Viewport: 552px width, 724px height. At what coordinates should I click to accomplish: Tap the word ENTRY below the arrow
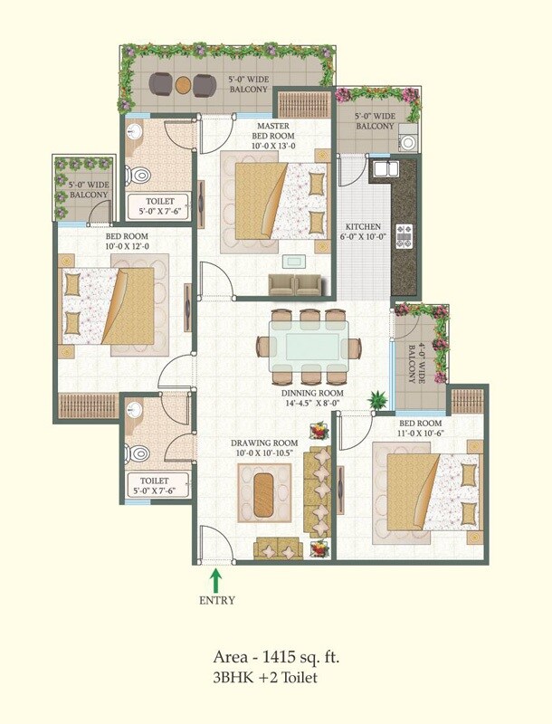click(215, 600)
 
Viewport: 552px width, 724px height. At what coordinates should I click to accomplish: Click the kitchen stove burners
click(404, 236)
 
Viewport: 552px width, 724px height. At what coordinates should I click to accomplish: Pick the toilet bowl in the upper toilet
click(138, 174)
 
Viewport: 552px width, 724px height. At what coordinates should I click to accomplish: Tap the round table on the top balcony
click(182, 85)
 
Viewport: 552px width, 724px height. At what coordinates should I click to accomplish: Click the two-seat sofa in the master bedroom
click(295, 285)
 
